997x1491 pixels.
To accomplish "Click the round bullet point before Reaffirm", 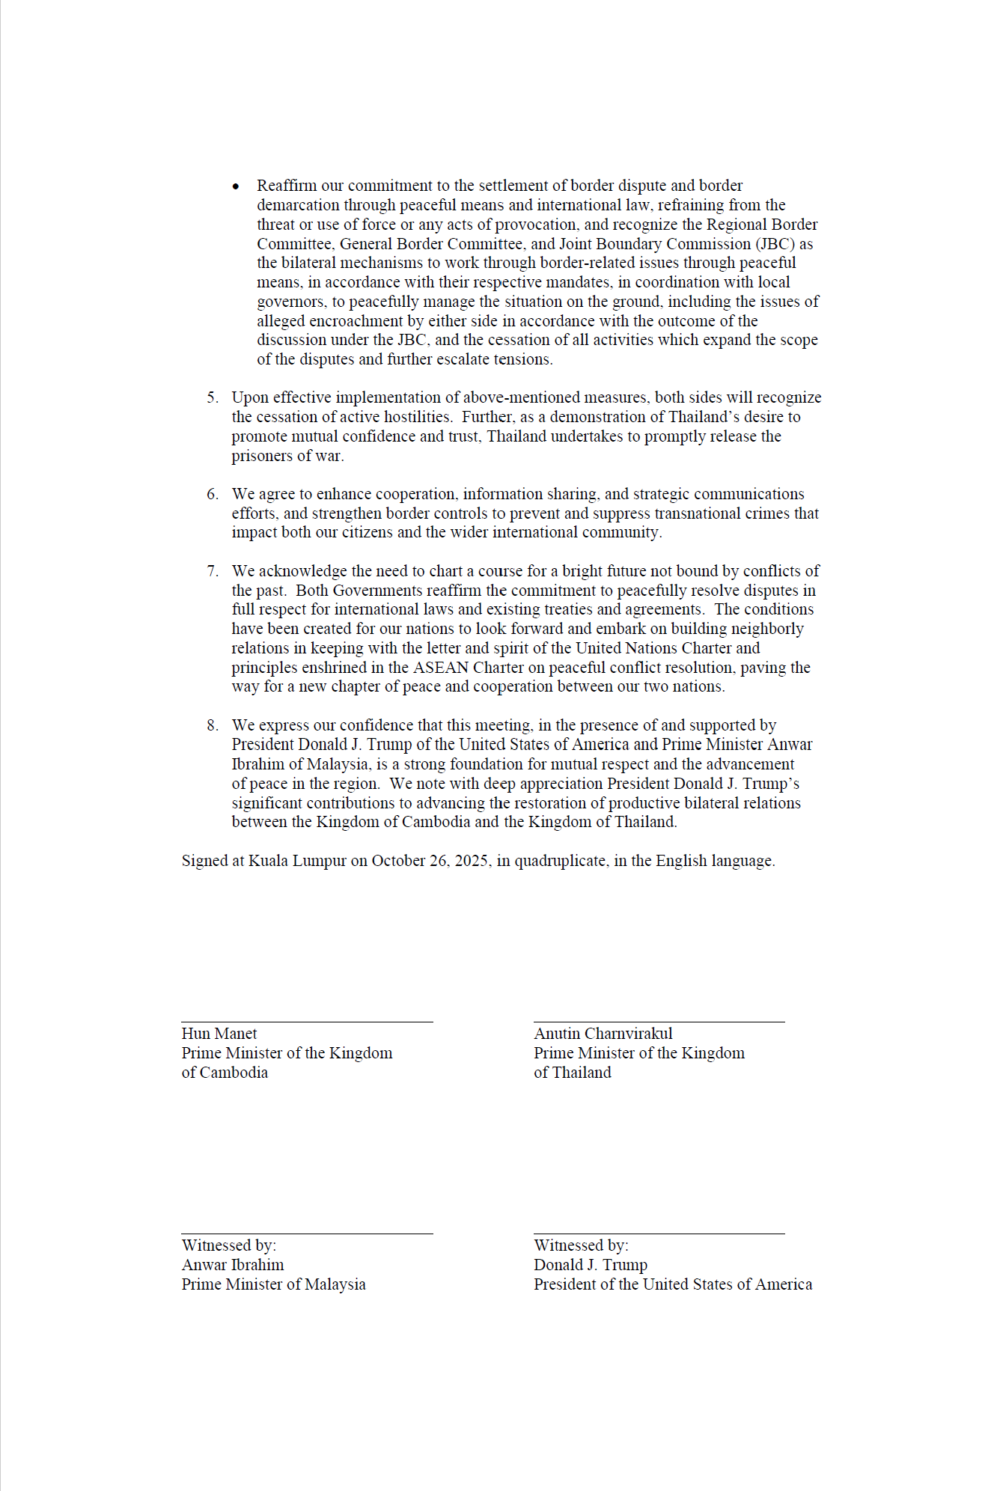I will pos(236,186).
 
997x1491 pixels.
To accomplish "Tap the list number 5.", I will pos(213,398).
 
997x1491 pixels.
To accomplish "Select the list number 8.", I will pos(213,726).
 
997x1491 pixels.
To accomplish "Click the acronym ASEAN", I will pos(440,668).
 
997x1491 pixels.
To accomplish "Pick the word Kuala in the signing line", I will pos(268,861).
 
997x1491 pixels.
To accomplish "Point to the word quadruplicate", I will pos(561,861).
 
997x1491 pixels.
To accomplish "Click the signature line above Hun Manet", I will pos(307,1022).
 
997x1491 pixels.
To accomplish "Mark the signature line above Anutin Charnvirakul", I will pos(659,1022).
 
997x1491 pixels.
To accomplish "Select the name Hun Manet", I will pos(219,1034).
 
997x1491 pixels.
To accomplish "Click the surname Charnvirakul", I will pos(629,1034).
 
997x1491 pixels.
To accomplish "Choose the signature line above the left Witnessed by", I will pos(307,1234).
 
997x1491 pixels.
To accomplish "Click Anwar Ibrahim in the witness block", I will pos(233,1265).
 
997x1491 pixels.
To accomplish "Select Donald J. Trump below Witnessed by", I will pos(591,1265).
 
